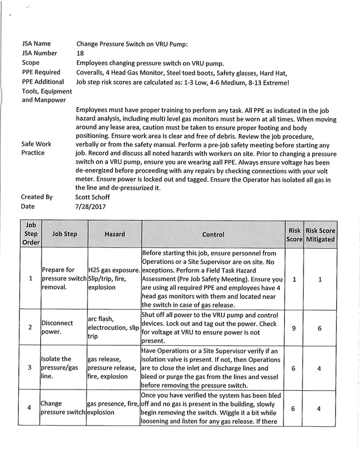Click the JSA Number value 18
point(80,53)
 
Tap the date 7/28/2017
point(89,206)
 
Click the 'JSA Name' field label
point(37,43)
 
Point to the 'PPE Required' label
point(41,72)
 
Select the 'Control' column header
point(213,234)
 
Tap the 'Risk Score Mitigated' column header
point(320,234)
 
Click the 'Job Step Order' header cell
point(30,234)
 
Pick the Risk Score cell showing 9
point(294,328)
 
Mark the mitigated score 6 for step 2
point(320,328)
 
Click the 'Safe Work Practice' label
point(37,148)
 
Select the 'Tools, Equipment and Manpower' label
point(47,95)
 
